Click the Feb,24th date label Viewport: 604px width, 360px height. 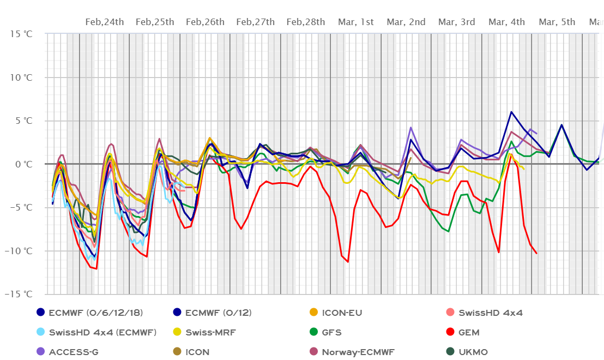point(105,22)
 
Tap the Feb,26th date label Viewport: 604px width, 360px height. point(205,22)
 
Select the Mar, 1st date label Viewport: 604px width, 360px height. point(356,22)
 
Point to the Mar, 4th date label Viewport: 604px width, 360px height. point(507,22)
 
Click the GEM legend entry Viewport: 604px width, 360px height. point(469,332)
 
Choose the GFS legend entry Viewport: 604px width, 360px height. point(333,332)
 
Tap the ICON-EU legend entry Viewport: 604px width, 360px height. point(342,313)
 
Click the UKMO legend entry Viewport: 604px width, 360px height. point(473,352)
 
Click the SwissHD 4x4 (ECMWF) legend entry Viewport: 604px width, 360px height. point(102,332)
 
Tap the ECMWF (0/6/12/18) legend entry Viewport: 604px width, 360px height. point(95,313)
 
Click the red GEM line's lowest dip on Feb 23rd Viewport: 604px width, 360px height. point(96,269)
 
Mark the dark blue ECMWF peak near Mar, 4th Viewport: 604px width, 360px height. point(511,112)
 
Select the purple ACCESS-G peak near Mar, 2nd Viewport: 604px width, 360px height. point(410,128)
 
